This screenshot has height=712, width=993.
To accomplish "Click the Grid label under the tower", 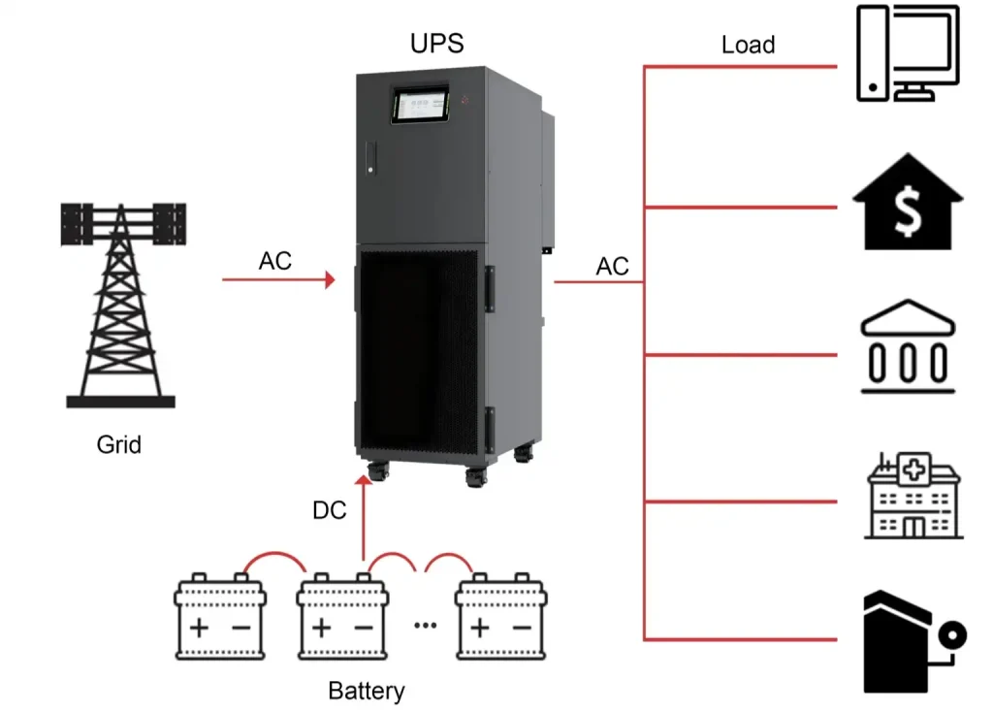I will [x=118, y=445].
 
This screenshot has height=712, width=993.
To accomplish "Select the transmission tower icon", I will [x=121, y=305].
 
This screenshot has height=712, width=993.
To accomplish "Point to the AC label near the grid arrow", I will [x=274, y=262].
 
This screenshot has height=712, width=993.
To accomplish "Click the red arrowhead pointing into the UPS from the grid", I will [x=330, y=280].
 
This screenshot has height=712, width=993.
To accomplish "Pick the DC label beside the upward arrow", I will [x=330, y=511].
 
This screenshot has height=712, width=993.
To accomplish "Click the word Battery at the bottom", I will [x=366, y=692].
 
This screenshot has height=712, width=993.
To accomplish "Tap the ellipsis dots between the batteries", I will [x=426, y=625].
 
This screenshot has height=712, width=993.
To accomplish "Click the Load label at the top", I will [x=748, y=45].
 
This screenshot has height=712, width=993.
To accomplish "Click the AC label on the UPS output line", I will [x=612, y=266].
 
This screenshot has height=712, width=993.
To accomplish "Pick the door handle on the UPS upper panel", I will [x=368, y=160].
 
